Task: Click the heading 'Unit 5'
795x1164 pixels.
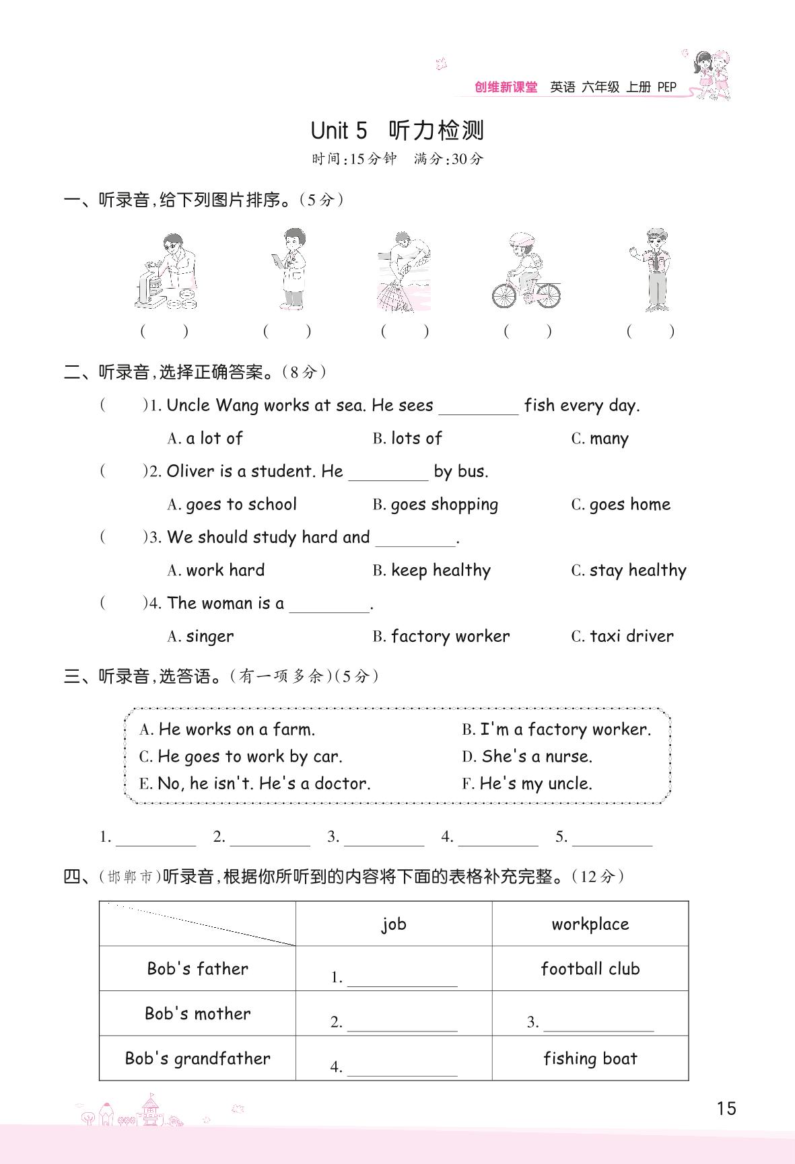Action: pos(339,130)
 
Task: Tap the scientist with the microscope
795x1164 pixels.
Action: pos(166,271)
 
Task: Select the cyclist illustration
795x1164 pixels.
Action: pos(526,270)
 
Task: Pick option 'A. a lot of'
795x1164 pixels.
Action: pos(205,439)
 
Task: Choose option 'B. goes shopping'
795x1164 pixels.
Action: pos(436,505)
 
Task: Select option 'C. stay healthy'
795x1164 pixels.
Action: pos(629,571)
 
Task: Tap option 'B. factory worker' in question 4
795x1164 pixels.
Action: pos(441,636)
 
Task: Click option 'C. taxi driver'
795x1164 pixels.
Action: pos(622,636)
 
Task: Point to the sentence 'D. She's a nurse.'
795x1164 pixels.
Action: pos(527,756)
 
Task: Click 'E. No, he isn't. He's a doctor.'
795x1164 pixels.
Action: pos(254,783)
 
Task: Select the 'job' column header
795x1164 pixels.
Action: pos(394,924)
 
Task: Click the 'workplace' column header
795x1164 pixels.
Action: pos(590,924)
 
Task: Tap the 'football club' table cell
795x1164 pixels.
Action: pos(590,969)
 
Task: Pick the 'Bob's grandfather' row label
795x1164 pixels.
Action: pos(197,1058)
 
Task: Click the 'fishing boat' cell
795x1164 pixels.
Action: pos(590,1058)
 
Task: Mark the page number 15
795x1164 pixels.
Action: pos(726,1109)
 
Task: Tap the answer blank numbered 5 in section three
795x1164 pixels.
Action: pos(612,838)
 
